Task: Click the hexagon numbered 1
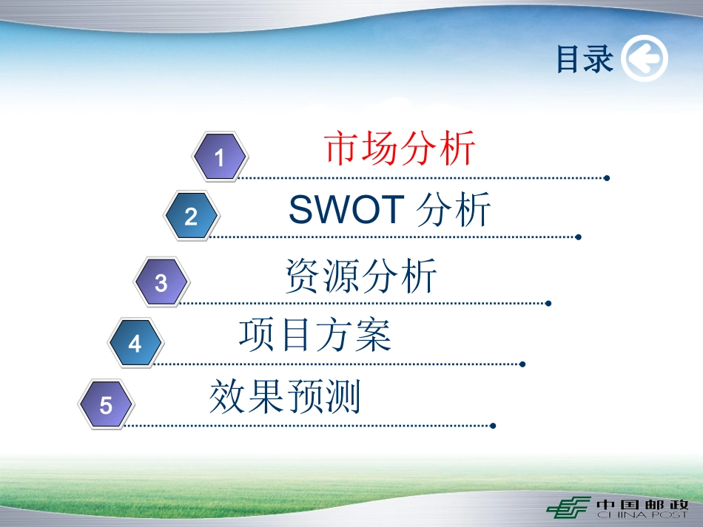click(220, 157)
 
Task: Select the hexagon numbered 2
click(192, 216)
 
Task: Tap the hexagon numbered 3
click(161, 282)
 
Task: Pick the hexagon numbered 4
click(135, 343)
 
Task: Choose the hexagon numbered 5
click(107, 404)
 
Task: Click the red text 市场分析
click(400, 148)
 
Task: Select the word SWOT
click(347, 209)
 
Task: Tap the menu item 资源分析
click(361, 276)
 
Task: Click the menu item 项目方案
click(315, 335)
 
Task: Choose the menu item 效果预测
click(285, 396)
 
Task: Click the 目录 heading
click(584, 58)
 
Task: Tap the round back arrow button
click(645, 58)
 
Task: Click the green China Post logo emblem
click(568, 507)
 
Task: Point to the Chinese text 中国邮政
click(642, 505)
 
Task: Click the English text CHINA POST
click(642, 515)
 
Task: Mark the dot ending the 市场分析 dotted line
click(607, 178)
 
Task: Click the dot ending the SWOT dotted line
click(579, 237)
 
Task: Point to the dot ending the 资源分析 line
click(548, 304)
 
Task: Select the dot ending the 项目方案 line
click(522, 364)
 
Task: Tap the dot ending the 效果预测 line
click(493, 426)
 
